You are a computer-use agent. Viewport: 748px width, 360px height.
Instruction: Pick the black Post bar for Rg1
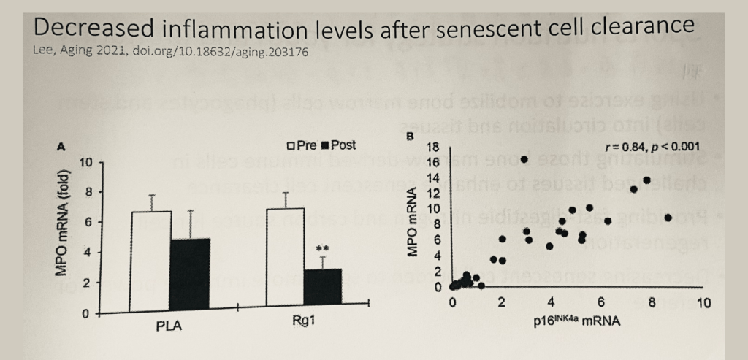coord(322,291)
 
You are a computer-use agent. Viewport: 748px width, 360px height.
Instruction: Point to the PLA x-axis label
coord(169,326)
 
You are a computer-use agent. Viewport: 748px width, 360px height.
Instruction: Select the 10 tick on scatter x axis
coord(703,303)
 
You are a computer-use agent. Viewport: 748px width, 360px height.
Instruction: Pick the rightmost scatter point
coord(668,218)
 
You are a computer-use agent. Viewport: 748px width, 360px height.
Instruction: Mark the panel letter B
coord(410,137)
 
